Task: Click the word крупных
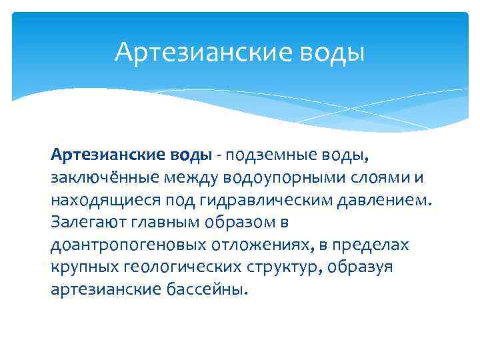(x=81, y=268)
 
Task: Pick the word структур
(x=281, y=268)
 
